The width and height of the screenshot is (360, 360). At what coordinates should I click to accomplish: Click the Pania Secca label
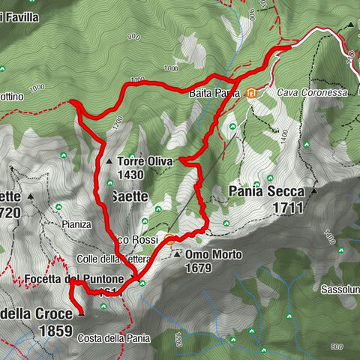(262, 192)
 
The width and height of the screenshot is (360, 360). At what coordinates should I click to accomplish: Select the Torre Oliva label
(145, 161)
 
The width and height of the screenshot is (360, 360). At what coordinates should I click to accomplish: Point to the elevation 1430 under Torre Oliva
(130, 175)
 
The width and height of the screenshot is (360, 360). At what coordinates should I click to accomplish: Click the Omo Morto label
(213, 255)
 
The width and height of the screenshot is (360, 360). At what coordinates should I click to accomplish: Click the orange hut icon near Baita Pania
(252, 94)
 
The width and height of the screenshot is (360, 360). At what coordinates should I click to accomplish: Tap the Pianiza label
(77, 224)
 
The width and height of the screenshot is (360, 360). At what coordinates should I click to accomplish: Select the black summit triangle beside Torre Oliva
(109, 161)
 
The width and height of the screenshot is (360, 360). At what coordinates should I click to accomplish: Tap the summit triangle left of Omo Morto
(177, 256)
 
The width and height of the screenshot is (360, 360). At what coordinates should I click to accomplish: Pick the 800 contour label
(337, 346)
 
